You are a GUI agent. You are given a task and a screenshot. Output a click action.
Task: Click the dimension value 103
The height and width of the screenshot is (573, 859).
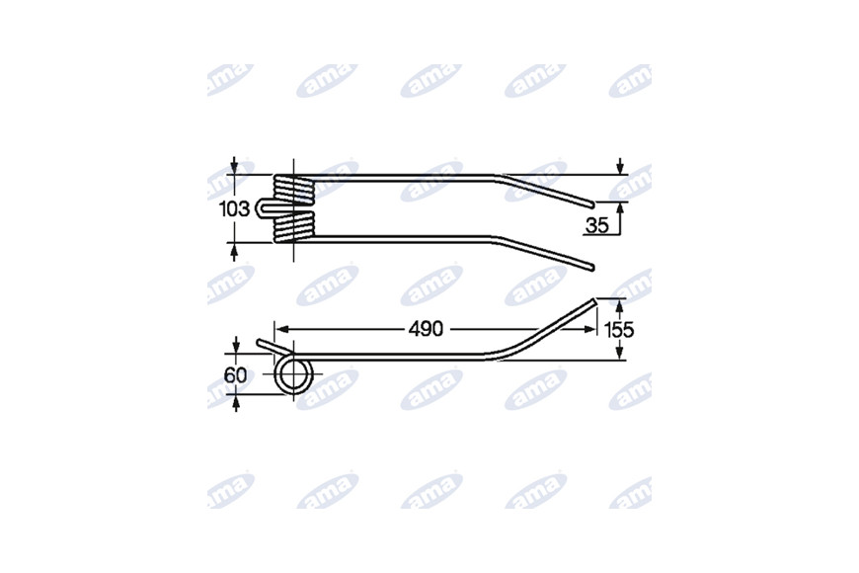coord(234,208)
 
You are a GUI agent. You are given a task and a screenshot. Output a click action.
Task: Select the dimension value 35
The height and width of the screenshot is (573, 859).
coord(597,225)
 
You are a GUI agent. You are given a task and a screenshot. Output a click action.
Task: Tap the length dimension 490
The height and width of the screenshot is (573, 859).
coord(426,329)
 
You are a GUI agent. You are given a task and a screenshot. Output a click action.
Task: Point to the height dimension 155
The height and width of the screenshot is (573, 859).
coord(618,330)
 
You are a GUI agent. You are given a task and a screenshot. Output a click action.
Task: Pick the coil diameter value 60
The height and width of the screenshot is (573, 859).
coord(236,375)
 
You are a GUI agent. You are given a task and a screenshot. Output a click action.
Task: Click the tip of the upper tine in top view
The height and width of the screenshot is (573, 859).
coord(592,205)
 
